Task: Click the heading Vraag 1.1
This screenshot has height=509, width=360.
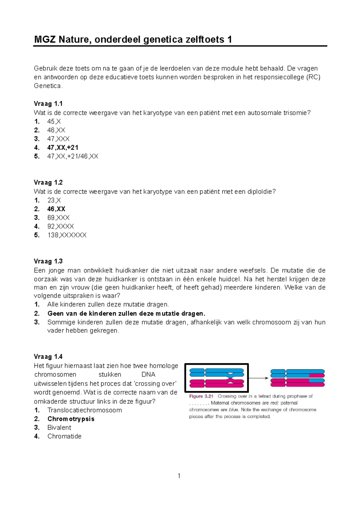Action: (x=48, y=104)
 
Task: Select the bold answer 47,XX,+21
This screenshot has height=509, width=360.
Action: (x=63, y=147)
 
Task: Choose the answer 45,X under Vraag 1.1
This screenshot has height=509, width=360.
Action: (x=54, y=121)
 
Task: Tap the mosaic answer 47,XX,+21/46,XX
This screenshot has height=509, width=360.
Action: (x=73, y=156)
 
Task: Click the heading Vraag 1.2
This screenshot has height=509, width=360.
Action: (x=48, y=183)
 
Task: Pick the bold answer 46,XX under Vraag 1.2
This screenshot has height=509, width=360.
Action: (x=56, y=209)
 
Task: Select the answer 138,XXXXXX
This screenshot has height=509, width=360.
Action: (x=67, y=235)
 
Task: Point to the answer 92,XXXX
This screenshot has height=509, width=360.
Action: (x=60, y=226)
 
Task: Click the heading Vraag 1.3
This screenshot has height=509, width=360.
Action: (x=48, y=261)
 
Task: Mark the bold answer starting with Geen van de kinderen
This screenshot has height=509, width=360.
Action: (x=126, y=314)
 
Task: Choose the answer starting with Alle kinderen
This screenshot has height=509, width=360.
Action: (x=108, y=305)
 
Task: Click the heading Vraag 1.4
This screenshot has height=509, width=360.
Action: (x=48, y=356)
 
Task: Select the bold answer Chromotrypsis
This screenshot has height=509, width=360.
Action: (x=71, y=419)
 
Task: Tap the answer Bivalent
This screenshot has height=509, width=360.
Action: (x=59, y=427)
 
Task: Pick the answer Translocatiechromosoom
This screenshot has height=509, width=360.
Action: (x=85, y=410)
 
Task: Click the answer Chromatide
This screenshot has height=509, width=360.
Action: (x=64, y=436)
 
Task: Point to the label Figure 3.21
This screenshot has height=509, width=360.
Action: (x=201, y=396)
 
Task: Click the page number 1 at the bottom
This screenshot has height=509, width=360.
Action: (x=179, y=476)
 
